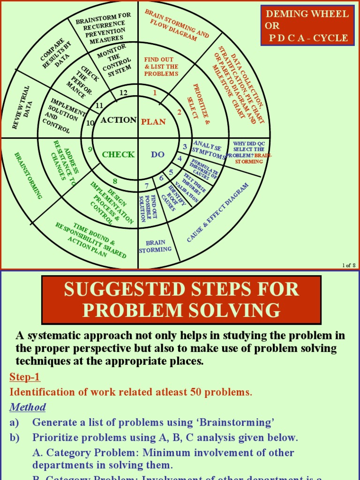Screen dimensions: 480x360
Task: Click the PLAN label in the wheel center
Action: pyautogui.click(x=153, y=122)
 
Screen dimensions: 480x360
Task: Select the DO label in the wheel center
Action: pyautogui.click(x=157, y=155)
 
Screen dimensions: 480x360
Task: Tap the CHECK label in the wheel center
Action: pyautogui.click(x=118, y=155)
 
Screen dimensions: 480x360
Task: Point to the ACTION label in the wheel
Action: pyautogui.click(x=119, y=120)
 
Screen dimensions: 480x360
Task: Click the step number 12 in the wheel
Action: pyautogui.click(x=123, y=93)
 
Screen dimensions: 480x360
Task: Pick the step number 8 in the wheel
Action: pyautogui.click(x=115, y=181)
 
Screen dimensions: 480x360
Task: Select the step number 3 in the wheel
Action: pyautogui.click(x=185, y=147)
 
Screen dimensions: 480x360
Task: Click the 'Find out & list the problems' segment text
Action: pyautogui.click(x=161, y=67)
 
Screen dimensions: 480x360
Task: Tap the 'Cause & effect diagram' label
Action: pyautogui.click(x=217, y=212)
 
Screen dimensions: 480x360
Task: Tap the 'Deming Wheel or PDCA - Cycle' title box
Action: pyautogui.click(x=307, y=26)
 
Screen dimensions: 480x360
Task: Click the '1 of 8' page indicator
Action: pyautogui.click(x=349, y=265)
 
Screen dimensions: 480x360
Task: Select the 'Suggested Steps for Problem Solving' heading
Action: pyautogui.click(x=181, y=300)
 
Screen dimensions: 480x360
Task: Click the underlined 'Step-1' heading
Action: pyautogui.click(x=25, y=377)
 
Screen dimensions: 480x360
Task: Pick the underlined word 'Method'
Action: pyautogui.click(x=28, y=407)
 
